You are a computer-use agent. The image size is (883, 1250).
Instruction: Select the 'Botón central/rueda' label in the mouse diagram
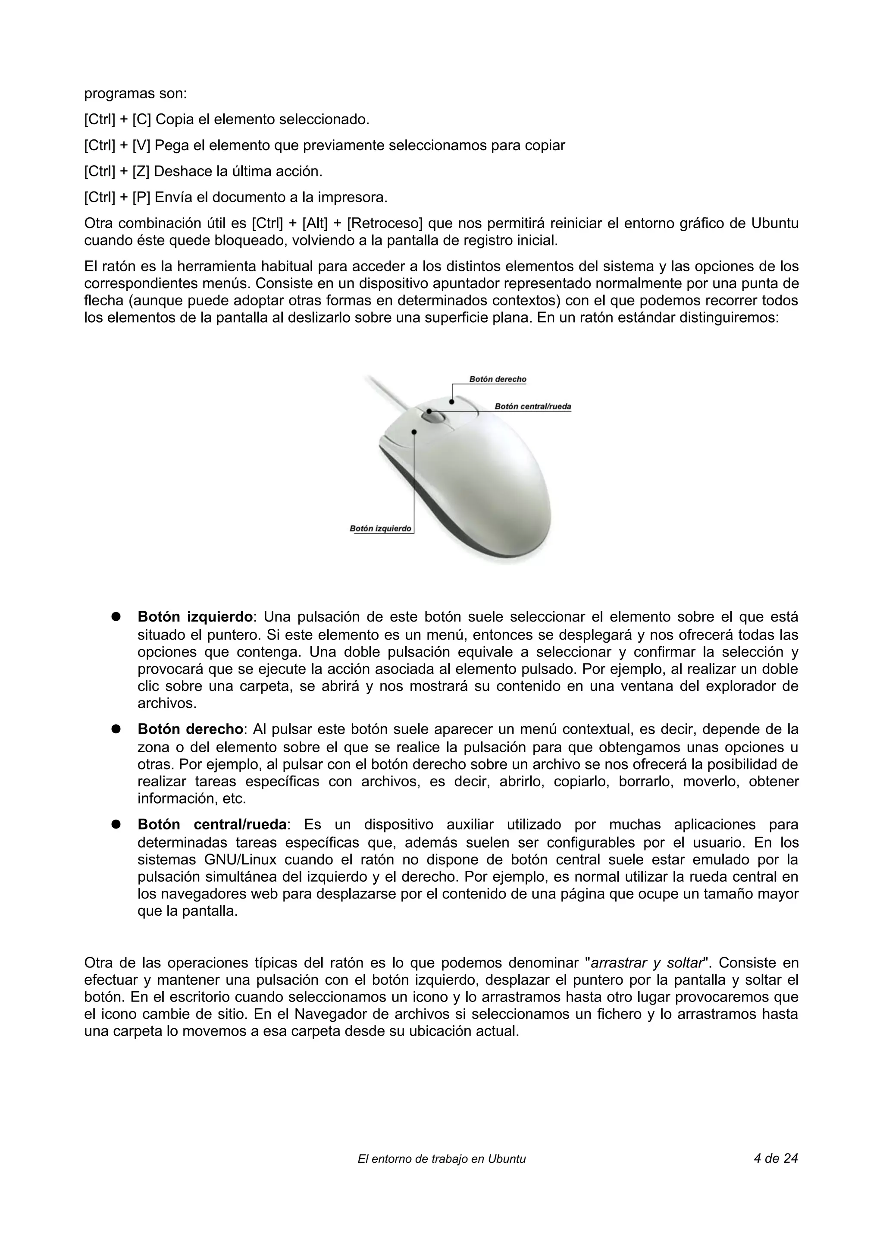point(532,406)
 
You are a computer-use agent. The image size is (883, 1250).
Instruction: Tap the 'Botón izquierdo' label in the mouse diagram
point(380,529)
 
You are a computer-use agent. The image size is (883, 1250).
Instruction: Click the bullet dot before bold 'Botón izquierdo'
point(116,617)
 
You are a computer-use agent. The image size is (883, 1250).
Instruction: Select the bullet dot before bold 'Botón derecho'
point(116,729)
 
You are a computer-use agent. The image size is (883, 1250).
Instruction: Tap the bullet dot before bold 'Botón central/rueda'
point(116,824)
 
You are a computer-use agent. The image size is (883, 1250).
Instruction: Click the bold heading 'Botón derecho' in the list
point(190,729)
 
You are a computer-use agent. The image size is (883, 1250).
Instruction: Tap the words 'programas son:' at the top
point(135,94)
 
